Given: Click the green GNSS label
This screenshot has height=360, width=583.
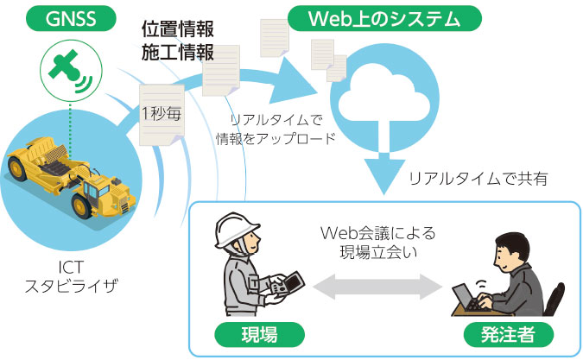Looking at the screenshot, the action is [71, 19].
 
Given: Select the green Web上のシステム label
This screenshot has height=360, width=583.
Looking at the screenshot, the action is [384, 19].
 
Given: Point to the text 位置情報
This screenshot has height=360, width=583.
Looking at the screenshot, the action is [178, 29].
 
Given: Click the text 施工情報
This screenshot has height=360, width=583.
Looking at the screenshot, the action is [178, 52].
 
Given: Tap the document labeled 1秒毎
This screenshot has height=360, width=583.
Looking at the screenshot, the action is [162, 115].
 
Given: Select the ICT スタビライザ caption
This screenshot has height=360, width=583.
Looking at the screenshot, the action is [71, 276].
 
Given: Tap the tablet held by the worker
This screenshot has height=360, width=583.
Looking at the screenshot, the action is [288, 284].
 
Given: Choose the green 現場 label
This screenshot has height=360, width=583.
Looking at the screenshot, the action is [259, 334].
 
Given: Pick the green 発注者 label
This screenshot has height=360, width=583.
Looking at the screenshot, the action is [508, 334].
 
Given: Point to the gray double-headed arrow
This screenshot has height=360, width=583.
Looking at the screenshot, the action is [377, 287].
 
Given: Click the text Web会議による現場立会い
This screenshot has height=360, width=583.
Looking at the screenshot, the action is [377, 243].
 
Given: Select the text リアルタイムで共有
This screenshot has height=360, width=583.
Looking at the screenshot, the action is [478, 179].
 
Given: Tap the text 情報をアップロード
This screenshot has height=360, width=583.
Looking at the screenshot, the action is [276, 139].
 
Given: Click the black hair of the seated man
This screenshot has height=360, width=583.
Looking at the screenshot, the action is [515, 244].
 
